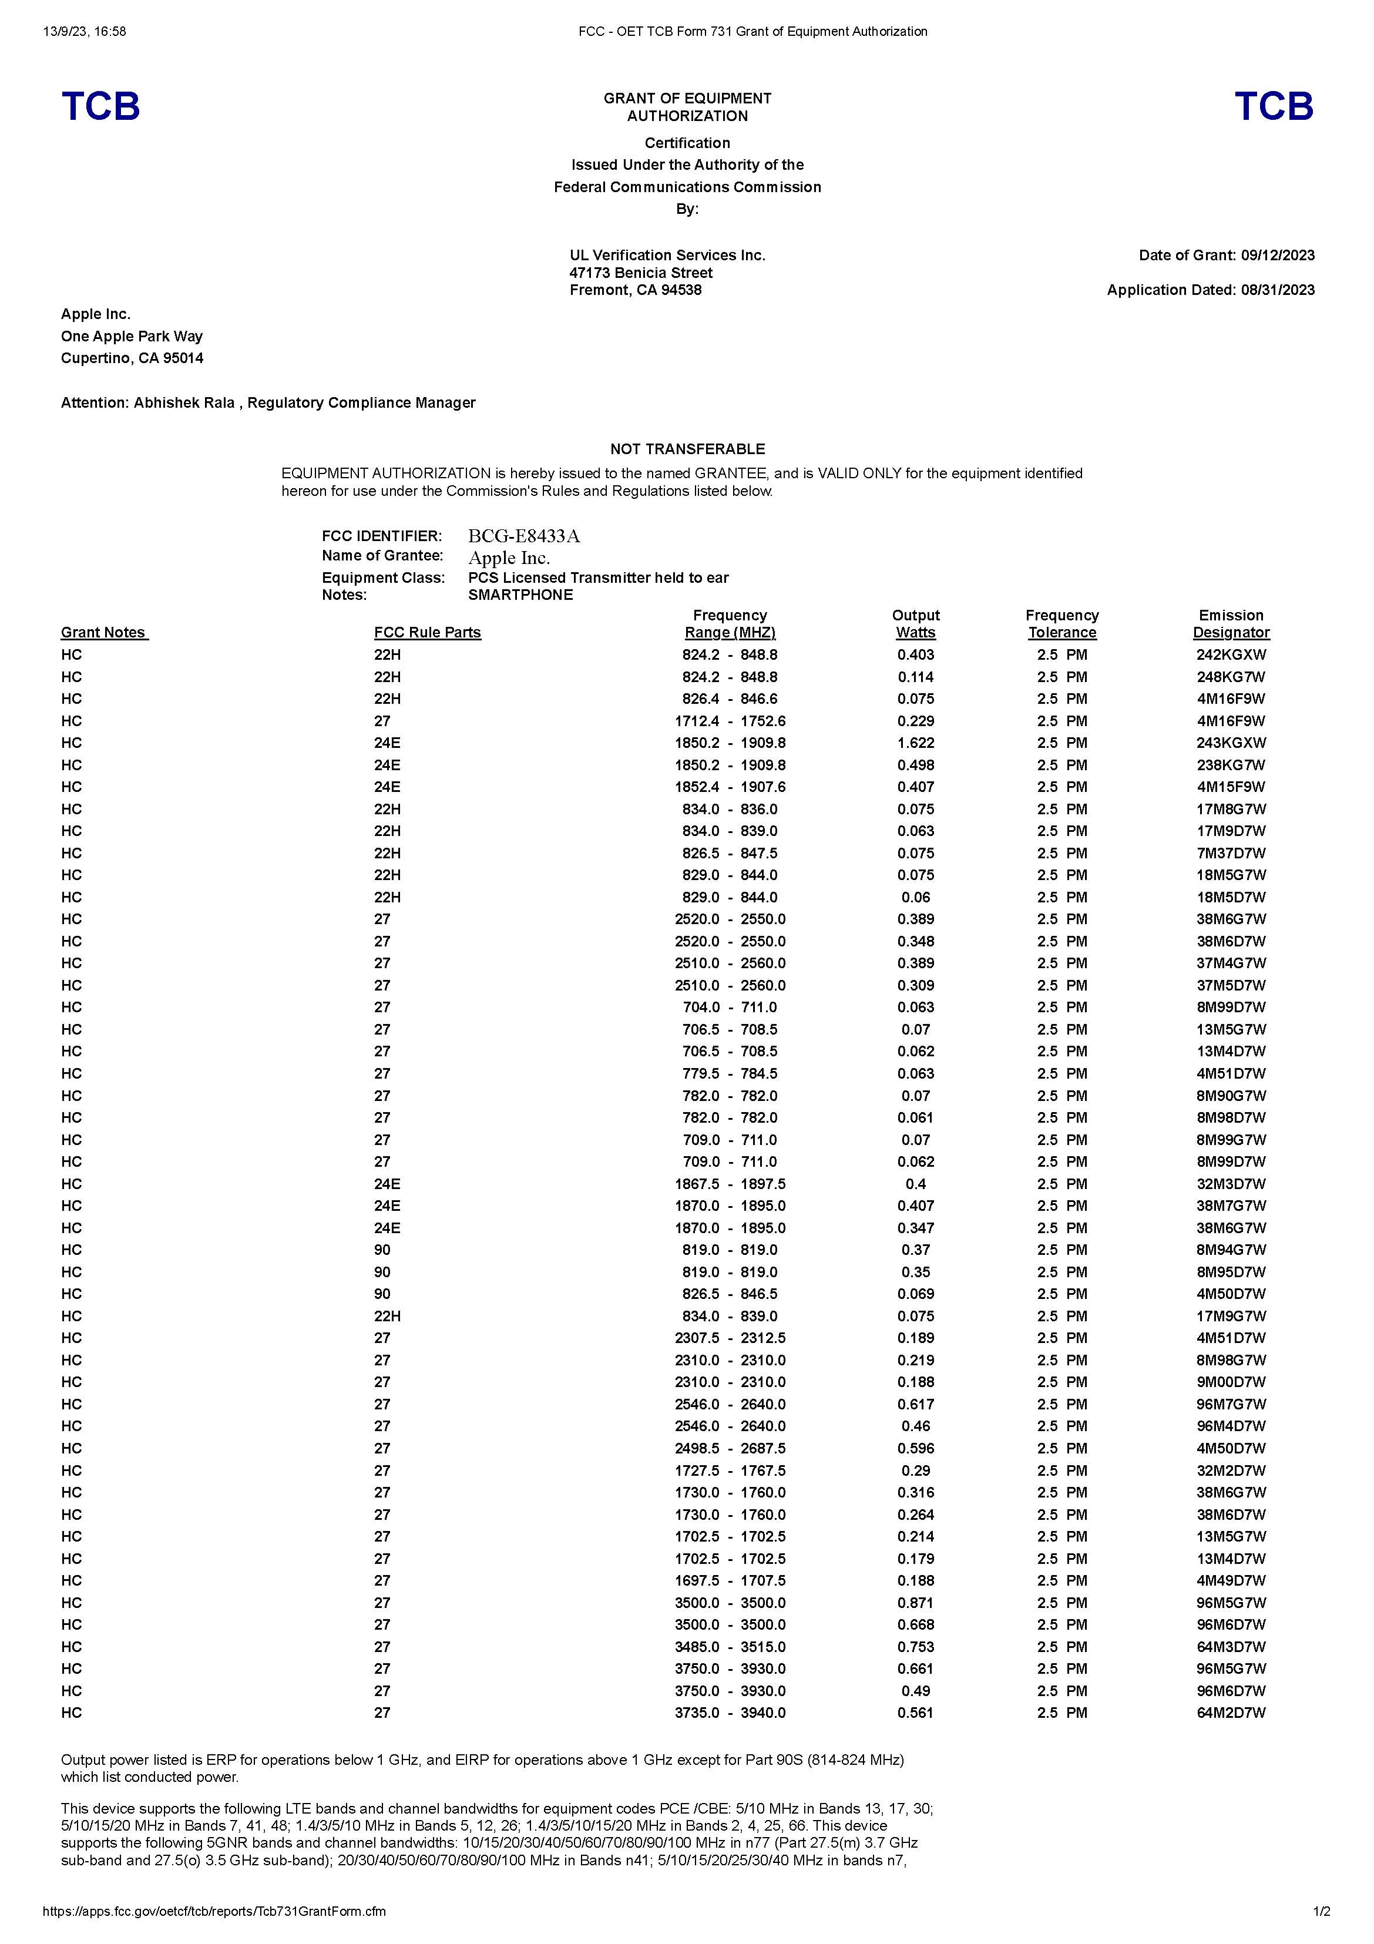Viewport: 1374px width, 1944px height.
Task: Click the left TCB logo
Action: point(100,107)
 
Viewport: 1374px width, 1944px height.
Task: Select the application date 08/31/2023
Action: point(1278,290)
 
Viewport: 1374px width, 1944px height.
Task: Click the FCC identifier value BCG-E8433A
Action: point(524,536)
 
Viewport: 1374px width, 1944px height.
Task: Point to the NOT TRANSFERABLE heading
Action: point(687,449)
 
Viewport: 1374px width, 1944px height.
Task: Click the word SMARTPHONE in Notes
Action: point(520,595)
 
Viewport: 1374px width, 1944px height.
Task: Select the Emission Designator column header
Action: point(1230,624)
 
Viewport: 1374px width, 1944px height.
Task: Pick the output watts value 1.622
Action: point(915,743)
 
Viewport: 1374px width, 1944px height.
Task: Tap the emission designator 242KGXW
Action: point(1230,654)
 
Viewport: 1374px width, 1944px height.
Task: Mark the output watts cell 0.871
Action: point(915,1602)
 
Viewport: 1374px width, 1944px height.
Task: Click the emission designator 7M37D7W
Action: point(1230,852)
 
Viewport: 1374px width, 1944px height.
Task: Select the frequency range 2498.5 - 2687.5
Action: point(730,1448)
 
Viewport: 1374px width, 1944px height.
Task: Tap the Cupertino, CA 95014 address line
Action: point(132,358)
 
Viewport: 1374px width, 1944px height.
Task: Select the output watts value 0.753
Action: point(915,1646)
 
